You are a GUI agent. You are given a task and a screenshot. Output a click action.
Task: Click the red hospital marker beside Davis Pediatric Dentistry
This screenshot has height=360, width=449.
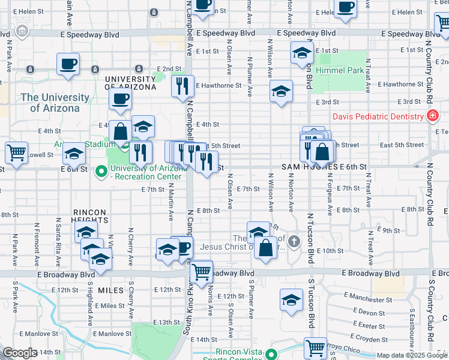[x=430, y=116]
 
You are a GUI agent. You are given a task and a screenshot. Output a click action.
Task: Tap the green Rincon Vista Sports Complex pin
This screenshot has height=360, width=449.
[x=272, y=355]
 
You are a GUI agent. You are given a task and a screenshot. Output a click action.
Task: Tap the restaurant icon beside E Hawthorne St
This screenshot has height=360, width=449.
[x=182, y=85]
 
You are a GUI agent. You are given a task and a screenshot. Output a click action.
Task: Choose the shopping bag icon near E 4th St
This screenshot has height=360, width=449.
[x=120, y=130]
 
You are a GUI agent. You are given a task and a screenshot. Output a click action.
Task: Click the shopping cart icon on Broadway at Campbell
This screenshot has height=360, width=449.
[x=202, y=271]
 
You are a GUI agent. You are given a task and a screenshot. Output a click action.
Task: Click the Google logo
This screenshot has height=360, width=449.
[x=20, y=353]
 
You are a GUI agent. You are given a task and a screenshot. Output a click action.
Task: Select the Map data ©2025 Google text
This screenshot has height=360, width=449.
[x=411, y=355]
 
